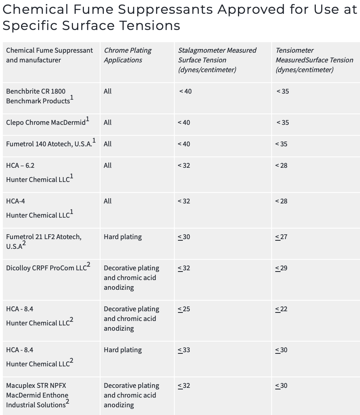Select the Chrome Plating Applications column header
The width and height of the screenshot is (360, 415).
(x=127, y=55)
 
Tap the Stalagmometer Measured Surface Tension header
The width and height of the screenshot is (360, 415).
(x=217, y=60)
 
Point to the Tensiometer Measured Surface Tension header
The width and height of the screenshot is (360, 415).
(x=314, y=60)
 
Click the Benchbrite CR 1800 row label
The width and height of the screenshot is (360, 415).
(x=36, y=91)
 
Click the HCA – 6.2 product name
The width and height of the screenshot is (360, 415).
(x=20, y=165)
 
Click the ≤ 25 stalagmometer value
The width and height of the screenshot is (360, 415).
(x=184, y=309)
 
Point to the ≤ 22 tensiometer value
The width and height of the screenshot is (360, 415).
(x=281, y=309)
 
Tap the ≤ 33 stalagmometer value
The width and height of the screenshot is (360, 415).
(x=184, y=350)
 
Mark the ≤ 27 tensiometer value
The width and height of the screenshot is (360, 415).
(x=281, y=237)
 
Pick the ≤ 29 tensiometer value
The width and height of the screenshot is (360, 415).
(x=281, y=268)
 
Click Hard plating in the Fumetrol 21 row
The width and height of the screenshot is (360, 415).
(x=122, y=237)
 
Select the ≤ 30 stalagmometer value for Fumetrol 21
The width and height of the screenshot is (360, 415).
(x=184, y=237)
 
